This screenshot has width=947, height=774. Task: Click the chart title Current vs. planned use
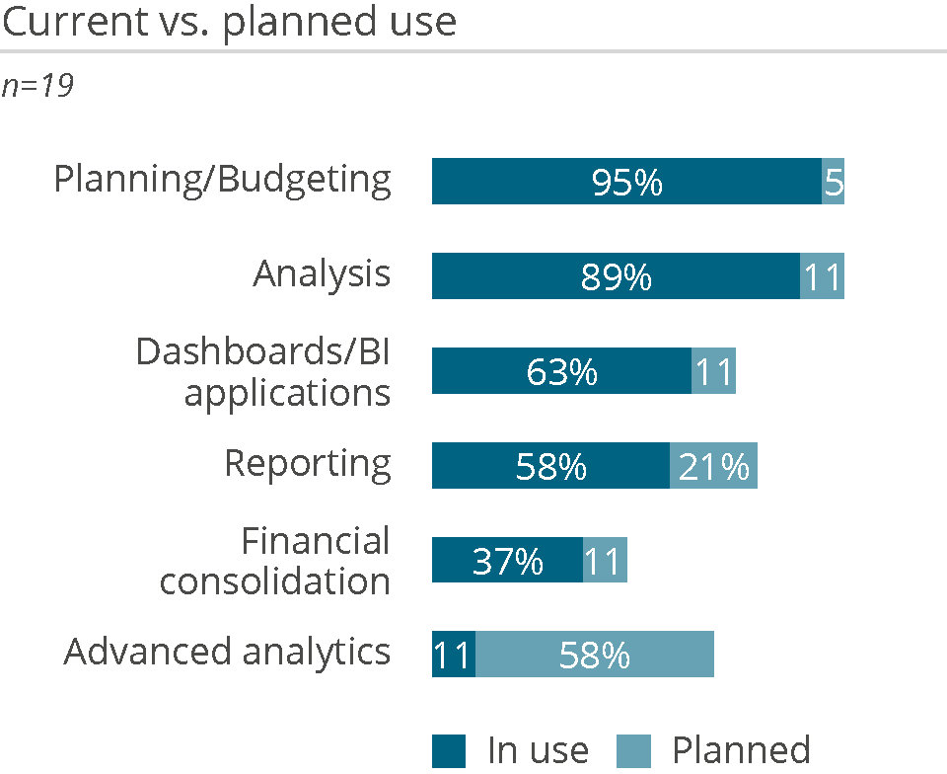230,22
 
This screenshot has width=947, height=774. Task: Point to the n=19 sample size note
37,87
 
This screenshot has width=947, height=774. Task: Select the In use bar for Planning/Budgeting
626,182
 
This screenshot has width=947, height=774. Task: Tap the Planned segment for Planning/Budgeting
833,182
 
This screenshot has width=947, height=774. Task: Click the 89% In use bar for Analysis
616,276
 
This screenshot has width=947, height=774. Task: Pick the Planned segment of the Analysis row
822,276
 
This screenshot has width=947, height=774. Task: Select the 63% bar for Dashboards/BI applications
561,371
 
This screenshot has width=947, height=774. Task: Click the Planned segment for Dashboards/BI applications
713,371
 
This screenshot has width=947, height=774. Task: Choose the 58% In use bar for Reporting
550,466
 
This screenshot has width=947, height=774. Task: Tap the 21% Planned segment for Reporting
713,466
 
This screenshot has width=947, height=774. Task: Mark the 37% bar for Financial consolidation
507,561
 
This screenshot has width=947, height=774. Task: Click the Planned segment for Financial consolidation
605,561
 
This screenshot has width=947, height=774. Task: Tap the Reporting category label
307,463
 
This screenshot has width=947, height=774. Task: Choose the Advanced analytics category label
227,653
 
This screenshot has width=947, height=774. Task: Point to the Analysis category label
322,274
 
